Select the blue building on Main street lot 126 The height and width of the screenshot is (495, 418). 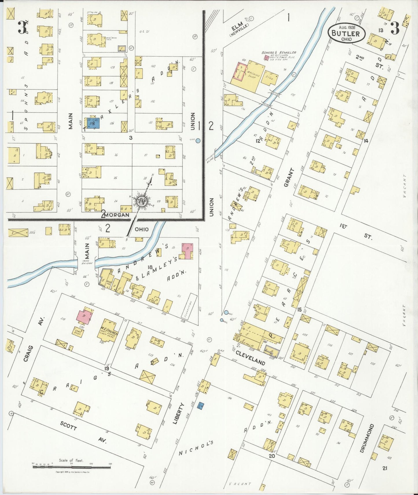(x=93, y=123)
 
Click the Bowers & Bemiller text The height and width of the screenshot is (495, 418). (x=279, y=52)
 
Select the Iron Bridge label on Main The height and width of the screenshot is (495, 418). (x=87, y=262)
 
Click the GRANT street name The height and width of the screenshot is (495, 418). (x=289, y=177)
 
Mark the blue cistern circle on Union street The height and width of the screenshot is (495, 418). (x=198, y=141)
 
